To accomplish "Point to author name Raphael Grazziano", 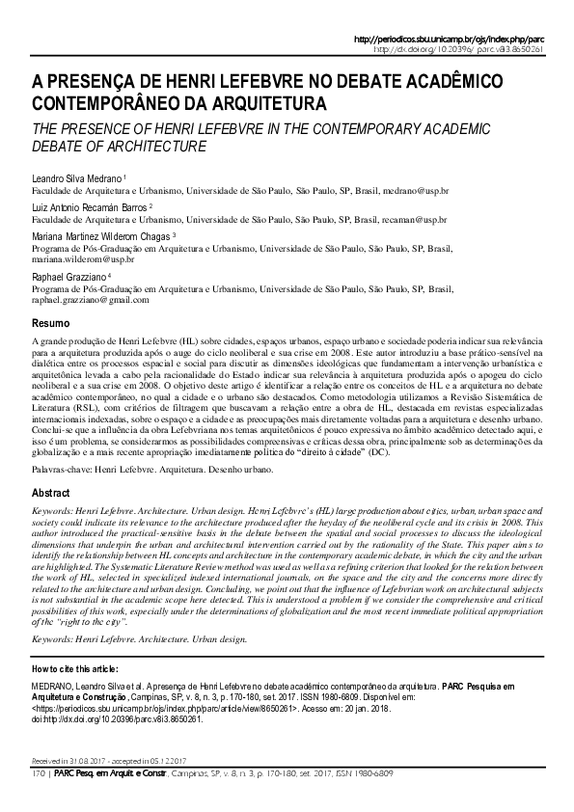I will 71,276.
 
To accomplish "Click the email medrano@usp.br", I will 415,191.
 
